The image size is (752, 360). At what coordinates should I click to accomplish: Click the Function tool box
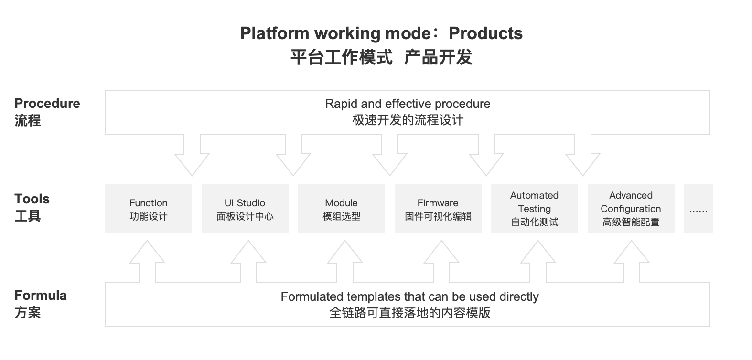pos(148,209)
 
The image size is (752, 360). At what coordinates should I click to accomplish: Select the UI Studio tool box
pos(245,209)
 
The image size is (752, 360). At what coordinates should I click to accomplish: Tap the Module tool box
pos(341,209)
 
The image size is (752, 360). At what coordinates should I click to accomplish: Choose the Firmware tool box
pos(438,209)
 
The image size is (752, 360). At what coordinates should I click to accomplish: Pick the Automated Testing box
pos(534,209)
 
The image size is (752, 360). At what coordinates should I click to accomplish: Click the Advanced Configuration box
pos(631,209)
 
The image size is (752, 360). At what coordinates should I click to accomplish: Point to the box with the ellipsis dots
pos(698,209)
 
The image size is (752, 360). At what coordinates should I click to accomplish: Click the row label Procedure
pos(47,104)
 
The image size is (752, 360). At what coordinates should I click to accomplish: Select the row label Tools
pos(32,199)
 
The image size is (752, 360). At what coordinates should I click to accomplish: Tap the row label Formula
pos(40,296)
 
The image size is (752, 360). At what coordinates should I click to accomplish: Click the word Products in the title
pos(485,33)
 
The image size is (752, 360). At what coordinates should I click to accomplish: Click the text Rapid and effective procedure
pos(408,104)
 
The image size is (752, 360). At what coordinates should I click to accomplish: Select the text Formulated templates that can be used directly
pos(409,296)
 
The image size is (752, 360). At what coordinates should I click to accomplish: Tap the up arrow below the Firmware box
pos(441,260)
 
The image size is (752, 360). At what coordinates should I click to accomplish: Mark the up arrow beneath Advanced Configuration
pos(631,260)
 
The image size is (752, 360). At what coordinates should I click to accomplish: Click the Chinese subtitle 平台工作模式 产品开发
pos(381,57)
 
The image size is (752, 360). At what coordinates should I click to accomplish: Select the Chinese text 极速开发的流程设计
pos(408,120)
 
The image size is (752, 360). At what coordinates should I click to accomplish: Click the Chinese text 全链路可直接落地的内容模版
pos(409,313)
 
